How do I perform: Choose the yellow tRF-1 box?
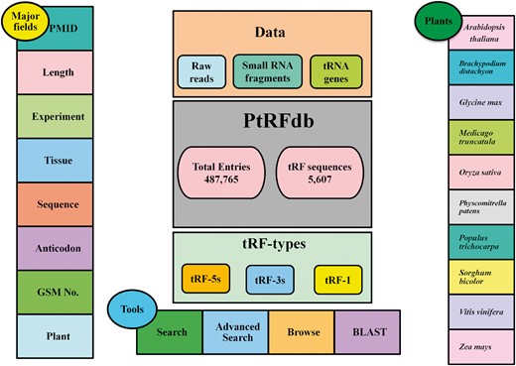click(334, 279)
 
